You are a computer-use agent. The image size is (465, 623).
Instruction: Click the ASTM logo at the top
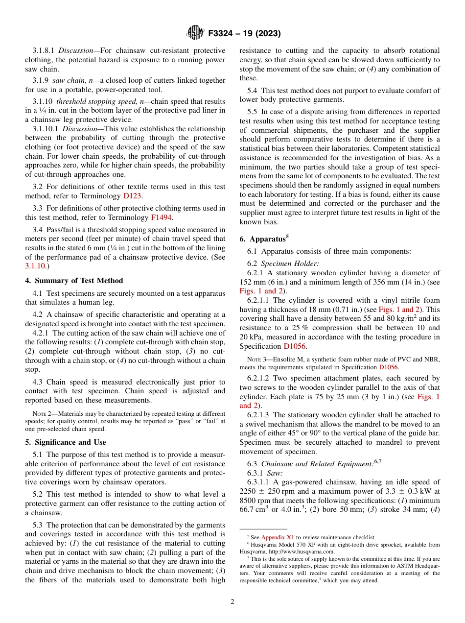click(195, 33)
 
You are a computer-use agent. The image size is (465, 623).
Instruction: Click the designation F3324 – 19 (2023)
click(244, 34)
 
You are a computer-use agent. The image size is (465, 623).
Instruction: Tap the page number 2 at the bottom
click(232, 602)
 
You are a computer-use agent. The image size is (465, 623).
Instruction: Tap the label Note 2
click(42, 414)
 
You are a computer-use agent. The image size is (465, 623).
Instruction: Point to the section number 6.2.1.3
click(260, 415)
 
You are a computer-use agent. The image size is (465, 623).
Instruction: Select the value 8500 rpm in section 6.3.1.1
click(256, 500)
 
